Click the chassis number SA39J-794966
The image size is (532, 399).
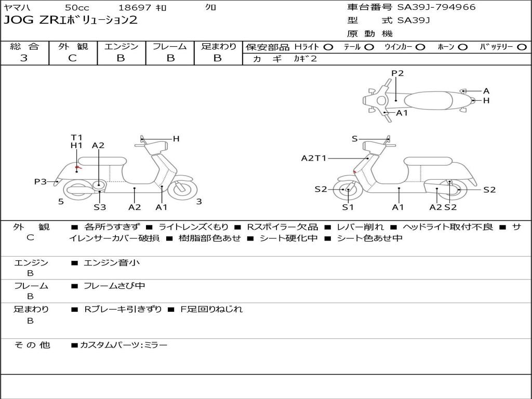[x=436, y=7]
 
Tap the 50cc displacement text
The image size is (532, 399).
[x=77, y=8]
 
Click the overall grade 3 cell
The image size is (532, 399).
[x=24, y=58]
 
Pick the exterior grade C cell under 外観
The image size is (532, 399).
[x=73, y=58]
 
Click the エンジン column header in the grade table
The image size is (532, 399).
[x=121, y=47]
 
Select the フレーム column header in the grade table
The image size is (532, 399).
[x=169, y=47]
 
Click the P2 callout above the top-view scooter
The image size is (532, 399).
[x=397, y=73]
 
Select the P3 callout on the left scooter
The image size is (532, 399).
[x=41, y=181]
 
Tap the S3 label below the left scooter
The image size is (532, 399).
[x=100, y=207]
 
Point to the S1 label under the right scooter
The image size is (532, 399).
[x=348, y=207]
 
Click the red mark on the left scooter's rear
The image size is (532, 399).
[x=77, y=167]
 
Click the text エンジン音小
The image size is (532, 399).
[x=112, y=263]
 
